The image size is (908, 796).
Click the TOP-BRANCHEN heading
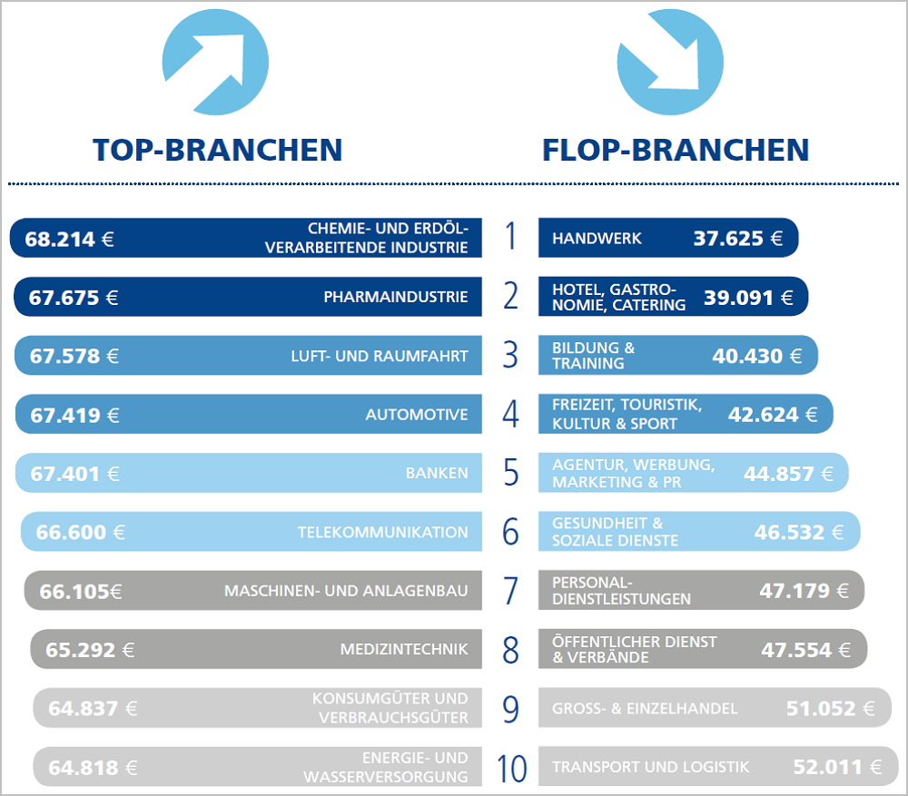click(218, 150)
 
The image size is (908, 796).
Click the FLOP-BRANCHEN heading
click(676, 150)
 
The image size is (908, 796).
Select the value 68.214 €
click(70, 240)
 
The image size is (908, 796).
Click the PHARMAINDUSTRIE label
click(396, 297)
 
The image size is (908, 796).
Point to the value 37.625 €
click(738, 239)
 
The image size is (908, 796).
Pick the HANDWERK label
click(597, 239)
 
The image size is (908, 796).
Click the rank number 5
click(511, 473)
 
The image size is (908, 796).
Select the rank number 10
click(512, 769)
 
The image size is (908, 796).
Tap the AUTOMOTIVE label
click(417, 415)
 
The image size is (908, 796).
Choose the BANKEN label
click(437, 473)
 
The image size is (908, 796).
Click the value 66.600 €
click(81, 533)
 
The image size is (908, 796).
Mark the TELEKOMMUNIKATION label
click(383, 533)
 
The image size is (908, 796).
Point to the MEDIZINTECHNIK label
click(404, 649)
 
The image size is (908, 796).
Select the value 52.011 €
click(837, 768)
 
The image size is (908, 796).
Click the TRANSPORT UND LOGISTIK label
click(651, 767)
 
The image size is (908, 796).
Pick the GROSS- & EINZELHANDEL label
click(645, 708)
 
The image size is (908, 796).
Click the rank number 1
click(511, 237)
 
